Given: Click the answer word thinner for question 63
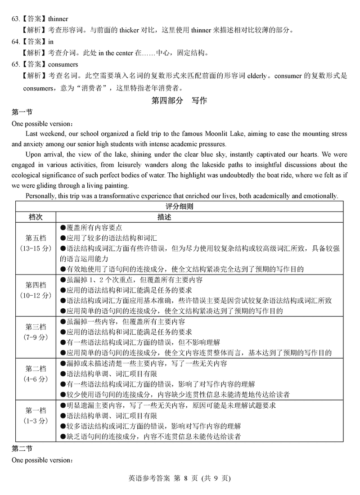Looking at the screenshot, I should (x=58, y=19).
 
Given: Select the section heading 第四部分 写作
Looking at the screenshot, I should (x=180, y=100).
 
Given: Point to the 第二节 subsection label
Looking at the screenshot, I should (x=22, y=449).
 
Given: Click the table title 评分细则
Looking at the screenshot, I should (x=180, y=207).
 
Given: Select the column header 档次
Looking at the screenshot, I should (x=36, y=217).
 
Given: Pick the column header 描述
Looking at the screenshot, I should (x=164, y=217).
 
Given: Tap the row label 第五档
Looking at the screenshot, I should (x=36, y=238).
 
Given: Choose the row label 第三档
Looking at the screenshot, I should (x=36, y=327).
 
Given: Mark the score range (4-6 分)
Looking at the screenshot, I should (x=36, y=379).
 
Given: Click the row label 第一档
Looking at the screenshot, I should (x=36, y=410).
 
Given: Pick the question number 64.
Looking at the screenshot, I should (x=16, y=42).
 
